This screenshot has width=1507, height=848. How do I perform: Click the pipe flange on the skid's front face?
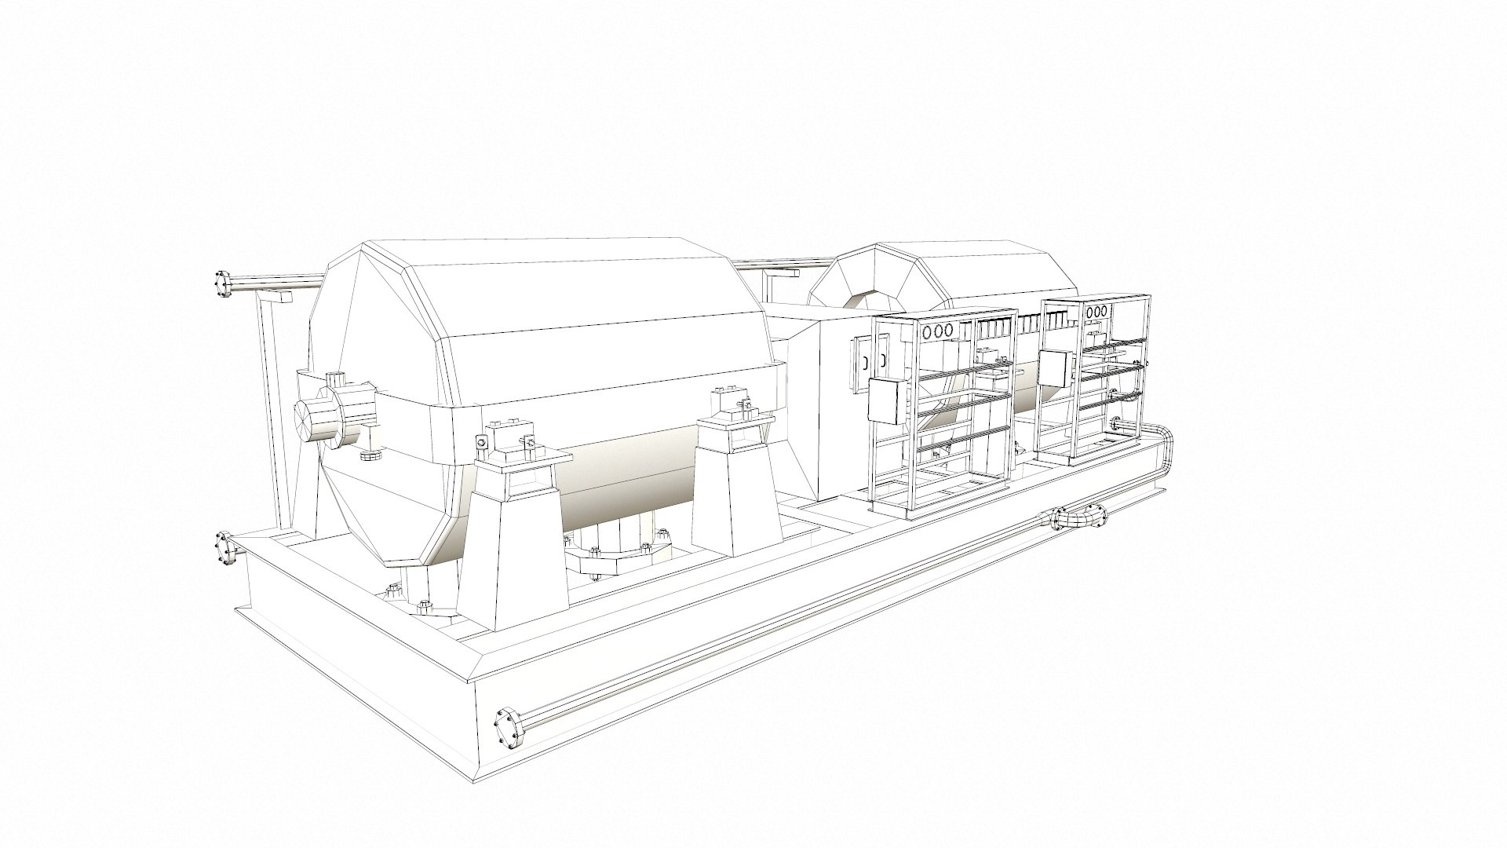(x=509, y=729)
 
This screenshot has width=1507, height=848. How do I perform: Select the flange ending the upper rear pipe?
(x=222, y=284)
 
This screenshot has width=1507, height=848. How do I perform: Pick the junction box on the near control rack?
(x=885, y=400)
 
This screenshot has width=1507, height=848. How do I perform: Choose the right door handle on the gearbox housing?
(x=883, y=360)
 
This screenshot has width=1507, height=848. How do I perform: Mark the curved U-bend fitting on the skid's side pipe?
(x=1080, y=518)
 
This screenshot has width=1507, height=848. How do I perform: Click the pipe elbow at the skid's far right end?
(x=1162, y=440)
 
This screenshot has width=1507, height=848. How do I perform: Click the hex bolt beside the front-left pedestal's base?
(x=425, y=606)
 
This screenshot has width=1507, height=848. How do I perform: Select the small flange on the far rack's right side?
(x=1119, y=425)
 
